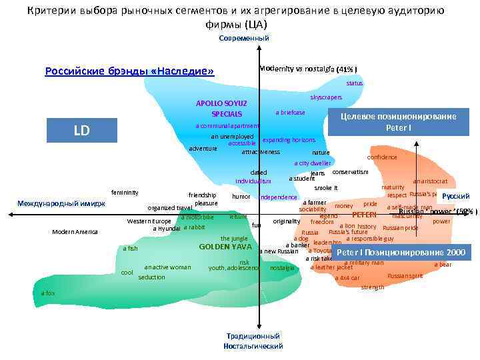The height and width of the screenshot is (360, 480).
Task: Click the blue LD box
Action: (81, 131)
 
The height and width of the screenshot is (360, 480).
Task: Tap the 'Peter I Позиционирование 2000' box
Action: (401, 253)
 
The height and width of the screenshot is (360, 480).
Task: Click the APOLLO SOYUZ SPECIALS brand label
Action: (221, 109)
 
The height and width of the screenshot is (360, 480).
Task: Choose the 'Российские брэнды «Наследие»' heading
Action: (129, 71)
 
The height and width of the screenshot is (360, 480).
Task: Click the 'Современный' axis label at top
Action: (243, 38)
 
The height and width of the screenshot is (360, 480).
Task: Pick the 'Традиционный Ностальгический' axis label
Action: (253, 341)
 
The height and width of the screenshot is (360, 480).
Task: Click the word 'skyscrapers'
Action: (326, 97)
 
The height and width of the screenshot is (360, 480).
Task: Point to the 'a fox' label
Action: (48, 293)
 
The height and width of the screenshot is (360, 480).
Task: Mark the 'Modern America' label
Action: (75, 231)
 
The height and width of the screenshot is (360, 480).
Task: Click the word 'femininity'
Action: (125, 193)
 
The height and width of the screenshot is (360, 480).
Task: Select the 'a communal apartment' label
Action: (227, 126)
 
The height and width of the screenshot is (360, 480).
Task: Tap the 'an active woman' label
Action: (167, 267)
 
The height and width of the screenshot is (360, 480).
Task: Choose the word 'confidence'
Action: (382, 157)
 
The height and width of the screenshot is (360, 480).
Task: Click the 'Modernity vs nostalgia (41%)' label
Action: (309, 69)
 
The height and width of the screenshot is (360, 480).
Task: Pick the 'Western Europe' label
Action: (149, 221)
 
